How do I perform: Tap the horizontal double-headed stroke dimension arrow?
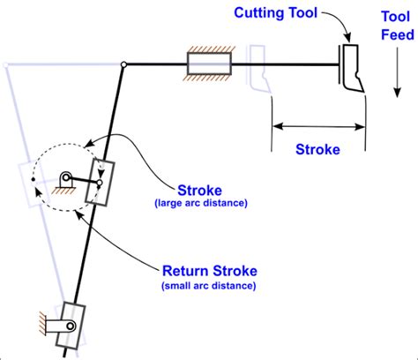[x=317, y=126]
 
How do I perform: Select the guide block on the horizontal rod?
[x=209, y=64]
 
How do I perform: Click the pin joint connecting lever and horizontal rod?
[x=124, y=64]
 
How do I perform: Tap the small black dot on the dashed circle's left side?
[x=33, y=180]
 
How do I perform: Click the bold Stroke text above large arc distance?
[x=199, y=190]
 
